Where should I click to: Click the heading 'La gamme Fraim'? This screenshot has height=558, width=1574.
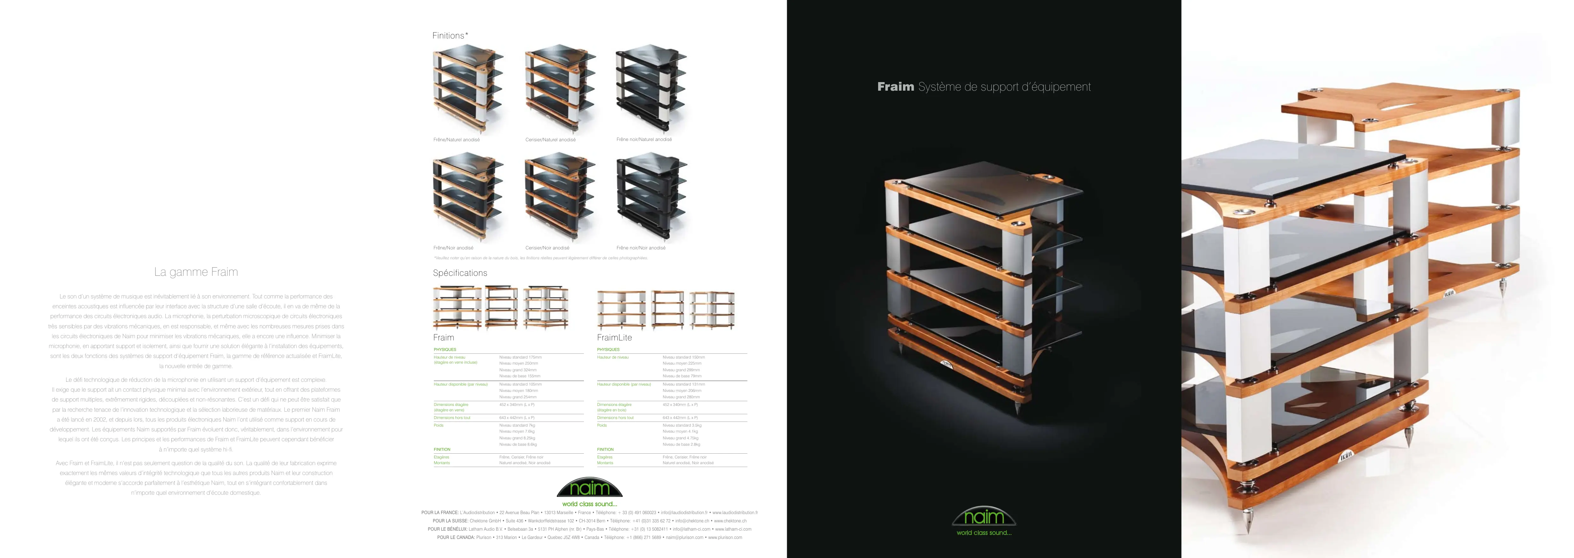pyautogui.click(x=196, y=272)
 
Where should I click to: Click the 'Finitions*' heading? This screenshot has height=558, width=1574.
pyautogui.click(x=450, y=35)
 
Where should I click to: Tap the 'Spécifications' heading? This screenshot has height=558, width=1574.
pyautogui.click(x=460, y=273)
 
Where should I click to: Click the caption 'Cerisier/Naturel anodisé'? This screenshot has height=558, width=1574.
pyautogui.click(x=550, y=140)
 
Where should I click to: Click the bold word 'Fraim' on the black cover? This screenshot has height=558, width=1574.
pyautogui.click(x=895, y=87)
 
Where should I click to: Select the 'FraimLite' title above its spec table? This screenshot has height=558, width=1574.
pyautogui.click(x=614, y=337)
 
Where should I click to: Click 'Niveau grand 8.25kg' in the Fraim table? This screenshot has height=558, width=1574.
pyautogui.click(x=517, y=438)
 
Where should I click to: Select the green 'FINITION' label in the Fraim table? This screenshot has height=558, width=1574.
pyautogui.click(x=442, y=449)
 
